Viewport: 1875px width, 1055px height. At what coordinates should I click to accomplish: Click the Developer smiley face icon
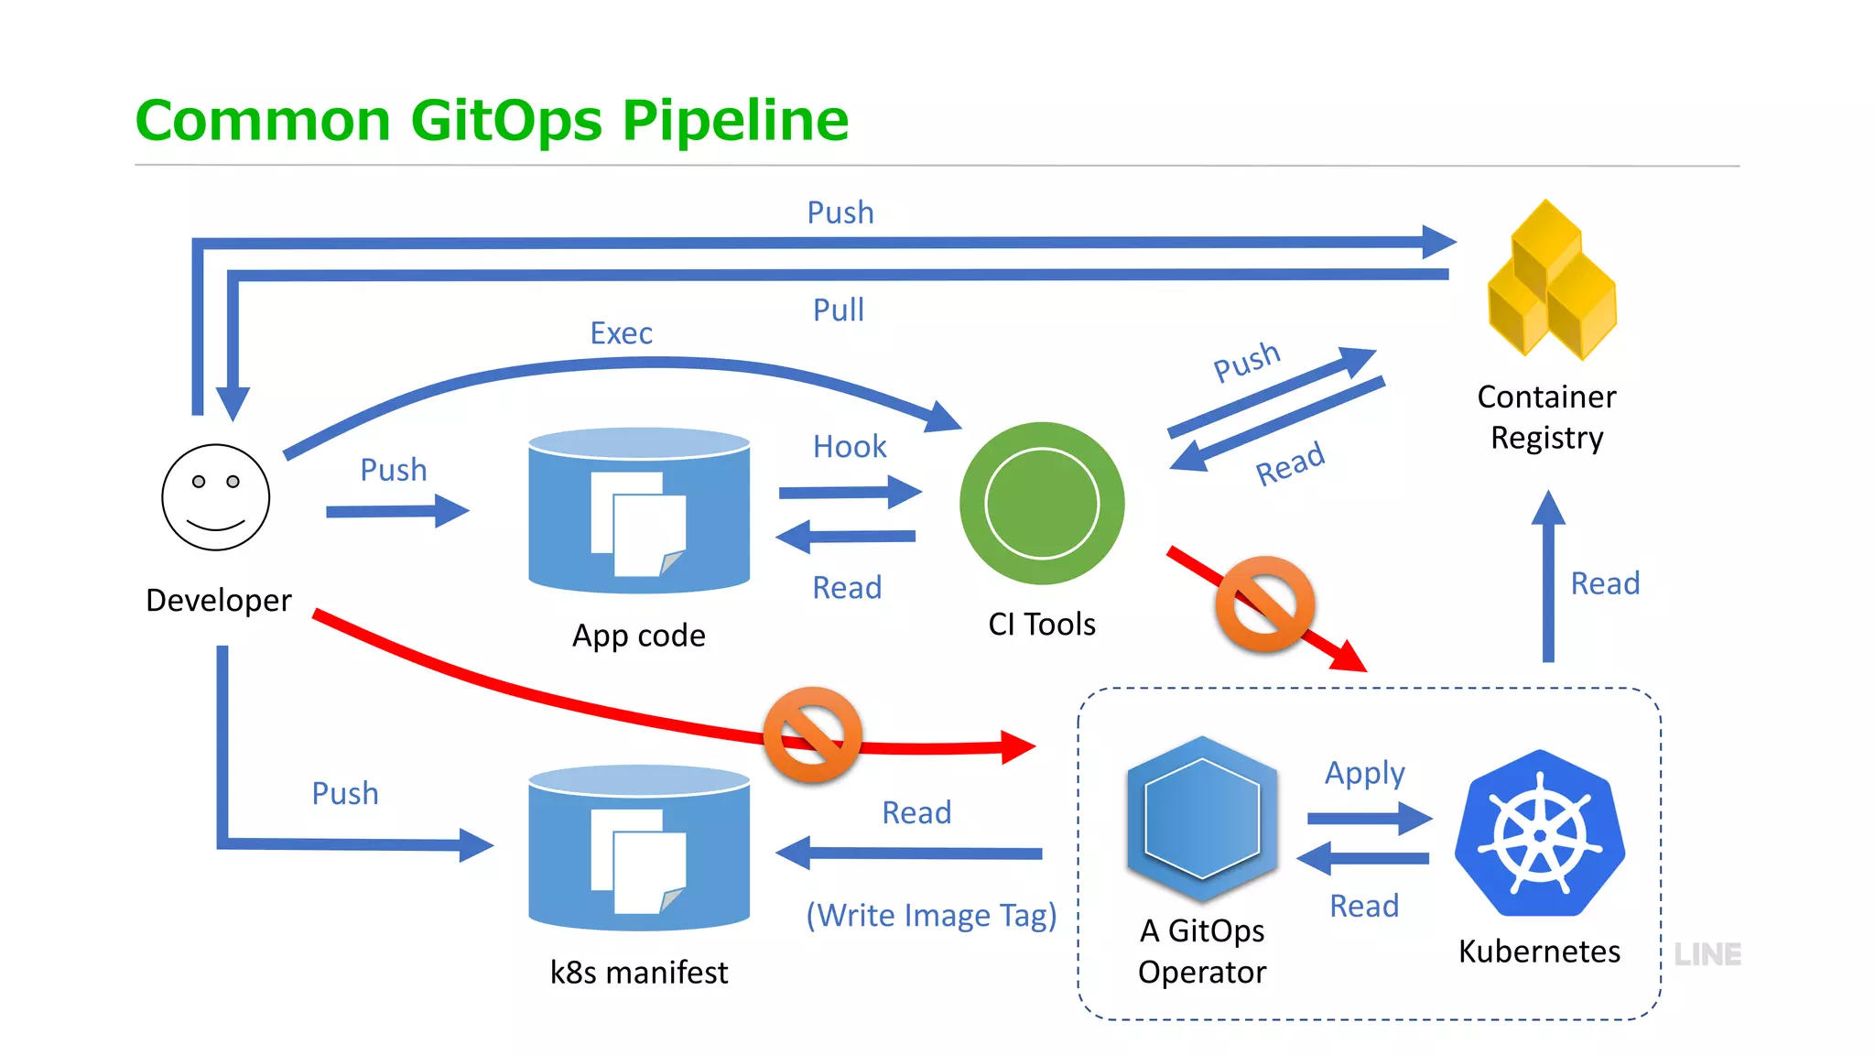click(215, 497)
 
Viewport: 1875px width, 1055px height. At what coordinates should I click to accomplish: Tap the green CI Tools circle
click(1042, 503)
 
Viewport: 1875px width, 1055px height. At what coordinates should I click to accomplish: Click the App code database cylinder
click(639, 510)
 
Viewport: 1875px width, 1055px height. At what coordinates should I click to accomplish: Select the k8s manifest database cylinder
click(639, 847)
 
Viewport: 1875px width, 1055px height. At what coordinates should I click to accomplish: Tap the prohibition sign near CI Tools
click(1265, 604)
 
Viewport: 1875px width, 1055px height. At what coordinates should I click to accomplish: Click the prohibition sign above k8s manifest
click(813, 734)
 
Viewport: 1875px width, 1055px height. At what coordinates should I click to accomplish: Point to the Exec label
click(621, 333)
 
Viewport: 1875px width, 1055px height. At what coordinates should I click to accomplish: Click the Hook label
click(850, 447)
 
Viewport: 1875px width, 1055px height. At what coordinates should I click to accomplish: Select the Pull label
click(838, 310)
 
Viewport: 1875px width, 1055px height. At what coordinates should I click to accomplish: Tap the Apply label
click(1364, 774)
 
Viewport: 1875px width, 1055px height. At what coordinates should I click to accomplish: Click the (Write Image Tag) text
click(931, 915)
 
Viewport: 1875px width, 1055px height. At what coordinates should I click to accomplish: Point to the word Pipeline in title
click(735, 121)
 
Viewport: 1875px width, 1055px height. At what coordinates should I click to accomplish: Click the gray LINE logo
click(1707, 954)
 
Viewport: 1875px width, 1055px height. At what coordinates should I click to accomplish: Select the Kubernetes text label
click(1539, 952)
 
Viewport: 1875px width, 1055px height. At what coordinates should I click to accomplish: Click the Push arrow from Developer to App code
click(396, 511)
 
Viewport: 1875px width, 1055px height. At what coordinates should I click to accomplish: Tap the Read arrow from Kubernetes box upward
click(1548, 577)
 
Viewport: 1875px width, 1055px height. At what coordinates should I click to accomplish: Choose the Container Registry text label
click(1546, 418)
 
